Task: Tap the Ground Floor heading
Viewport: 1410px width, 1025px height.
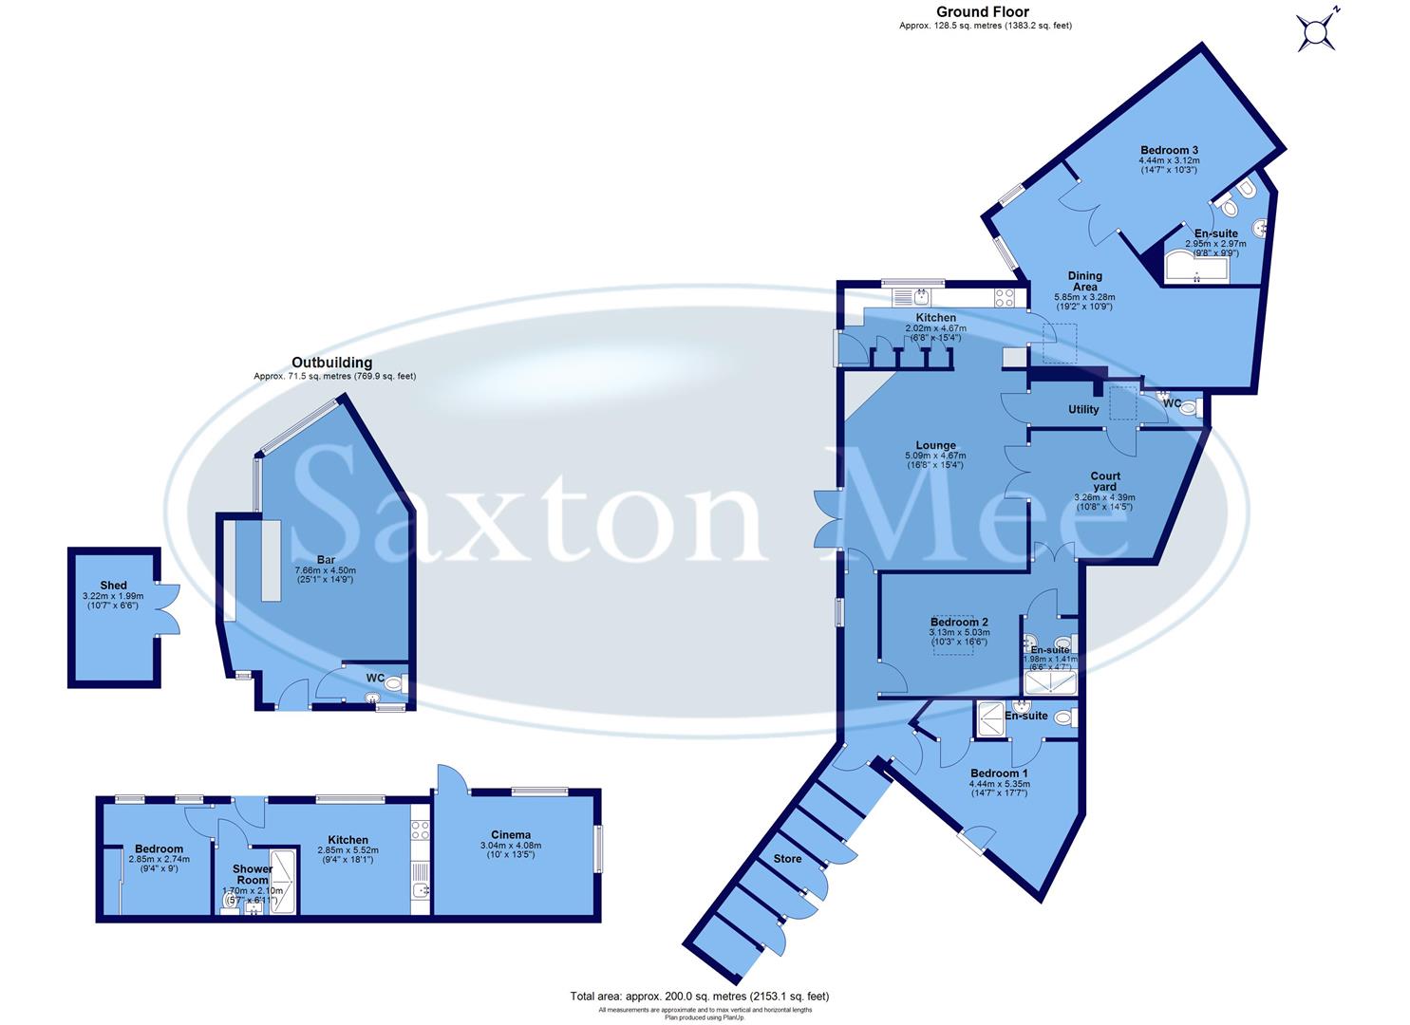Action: [x=983, y=12]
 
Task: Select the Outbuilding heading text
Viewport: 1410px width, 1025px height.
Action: [x=331, y=363]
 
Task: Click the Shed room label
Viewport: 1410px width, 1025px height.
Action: [x=114, y=586]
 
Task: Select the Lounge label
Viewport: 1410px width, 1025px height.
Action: [x=935, y=445]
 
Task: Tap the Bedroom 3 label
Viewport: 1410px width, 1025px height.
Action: [x=1169, y=150]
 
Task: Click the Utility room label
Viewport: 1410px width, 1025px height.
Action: [x=1083, y=410]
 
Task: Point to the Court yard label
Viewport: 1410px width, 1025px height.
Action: [x=1104, y=481]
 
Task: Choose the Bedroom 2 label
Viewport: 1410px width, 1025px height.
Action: [x=959, y=623]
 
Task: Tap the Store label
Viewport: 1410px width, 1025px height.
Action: [x=787, y=859]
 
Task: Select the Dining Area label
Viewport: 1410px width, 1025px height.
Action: [x=1084, y=282]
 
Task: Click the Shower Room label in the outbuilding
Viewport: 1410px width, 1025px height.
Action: [x=253, y=874]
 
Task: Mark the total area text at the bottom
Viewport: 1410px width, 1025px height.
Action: [x=700, y=997]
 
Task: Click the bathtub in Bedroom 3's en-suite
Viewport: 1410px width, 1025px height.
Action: [x=1195, y=267]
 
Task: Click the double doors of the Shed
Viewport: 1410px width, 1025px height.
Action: [x=167, y=607]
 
